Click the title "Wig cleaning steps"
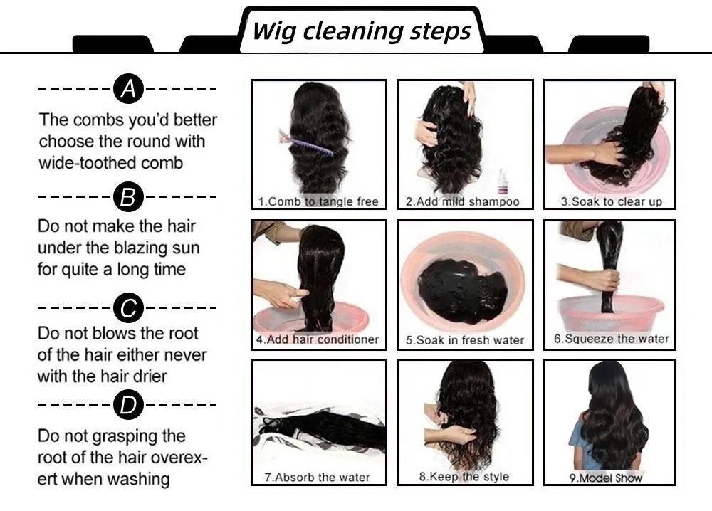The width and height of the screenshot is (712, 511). [x=362, y=31]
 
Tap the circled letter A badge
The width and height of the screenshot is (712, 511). [x=128, y=89]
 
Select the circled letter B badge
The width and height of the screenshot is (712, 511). [x=128, y=196]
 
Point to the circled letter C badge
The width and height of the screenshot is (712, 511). [x=128, y=308]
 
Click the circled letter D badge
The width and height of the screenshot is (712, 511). [x=128, y=405]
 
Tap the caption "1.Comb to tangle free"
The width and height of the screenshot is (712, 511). [x=318, y=201]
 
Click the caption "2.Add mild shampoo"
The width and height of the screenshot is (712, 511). [x=462, y=201]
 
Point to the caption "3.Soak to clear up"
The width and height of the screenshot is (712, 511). [x=611, y=201]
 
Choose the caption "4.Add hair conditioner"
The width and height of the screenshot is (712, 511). [x=318, y=339]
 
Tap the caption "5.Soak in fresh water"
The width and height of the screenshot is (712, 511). [x=464, y=340]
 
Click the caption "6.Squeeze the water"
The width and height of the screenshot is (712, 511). [x=612, y=339]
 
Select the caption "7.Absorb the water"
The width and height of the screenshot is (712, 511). [x=317, y=477]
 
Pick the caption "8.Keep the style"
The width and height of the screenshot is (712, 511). [x=464, y=476]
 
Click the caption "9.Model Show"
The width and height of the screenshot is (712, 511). [x=605, y=478]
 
